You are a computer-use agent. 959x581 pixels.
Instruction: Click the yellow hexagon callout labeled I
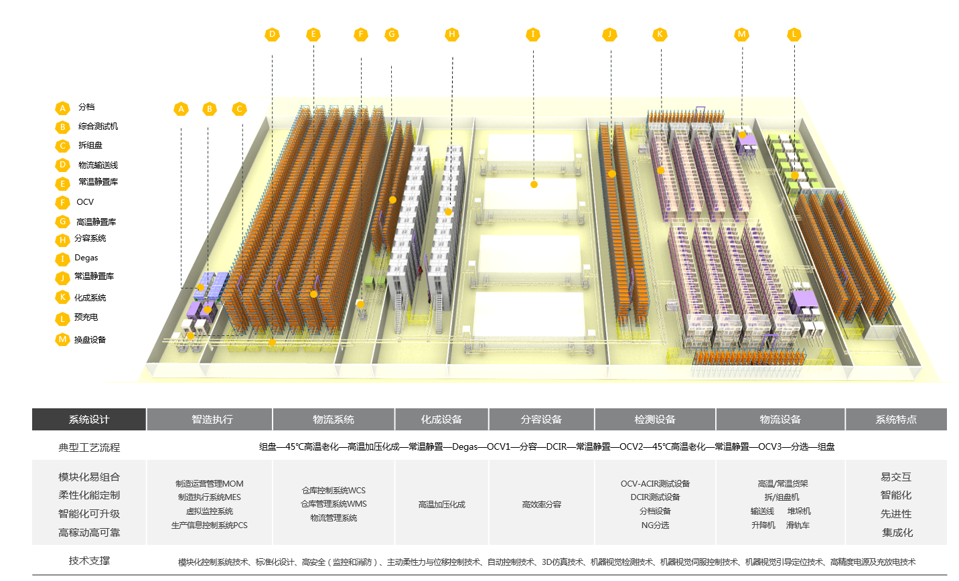tap(533, 35)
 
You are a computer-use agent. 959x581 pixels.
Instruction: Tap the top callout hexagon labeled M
tap(741, 35)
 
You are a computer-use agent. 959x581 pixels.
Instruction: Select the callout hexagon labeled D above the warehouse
tap(272, 35)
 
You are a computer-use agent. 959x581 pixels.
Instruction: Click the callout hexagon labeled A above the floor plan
tap(181, 109)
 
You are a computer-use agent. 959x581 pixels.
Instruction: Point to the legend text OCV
tap(85, 202)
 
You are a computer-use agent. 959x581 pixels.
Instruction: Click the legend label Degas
tap(86, 258)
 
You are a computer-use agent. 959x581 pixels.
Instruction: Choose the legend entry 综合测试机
tap(98, 127)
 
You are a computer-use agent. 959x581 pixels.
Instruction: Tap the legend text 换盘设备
tap(90, 340)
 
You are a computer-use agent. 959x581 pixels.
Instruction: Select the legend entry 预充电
tap(86, 317)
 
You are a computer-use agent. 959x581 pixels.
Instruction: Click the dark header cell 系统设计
tap(89, 420)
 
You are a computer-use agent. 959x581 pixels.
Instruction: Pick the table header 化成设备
tap(441, 420)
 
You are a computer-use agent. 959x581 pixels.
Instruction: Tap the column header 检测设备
tap(655, 420)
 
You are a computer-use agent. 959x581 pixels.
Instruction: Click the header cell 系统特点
tap(896, 420)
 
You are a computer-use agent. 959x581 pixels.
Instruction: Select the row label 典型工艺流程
tap(89, 447)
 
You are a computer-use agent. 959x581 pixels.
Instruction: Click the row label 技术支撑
tap(89, 561)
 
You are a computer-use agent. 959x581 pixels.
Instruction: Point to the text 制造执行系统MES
tap(210, 497)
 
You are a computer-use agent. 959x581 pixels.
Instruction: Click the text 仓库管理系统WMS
tap(334, 504)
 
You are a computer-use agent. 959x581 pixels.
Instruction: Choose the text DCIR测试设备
tap(655, 497)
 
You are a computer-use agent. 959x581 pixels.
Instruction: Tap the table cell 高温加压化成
tap(441, 505)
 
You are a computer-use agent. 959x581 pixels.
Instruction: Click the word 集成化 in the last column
tap(897, 533)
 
